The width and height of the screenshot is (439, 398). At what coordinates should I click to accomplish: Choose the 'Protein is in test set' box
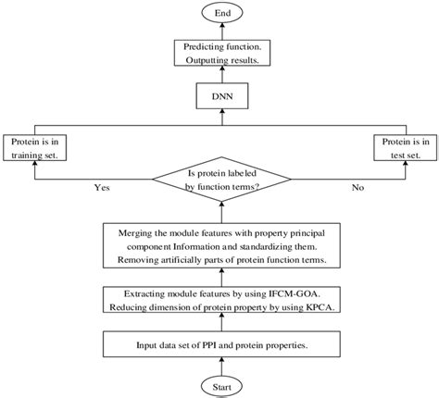point(401,147)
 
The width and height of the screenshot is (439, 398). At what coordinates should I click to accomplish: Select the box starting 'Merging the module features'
point(219,245)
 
